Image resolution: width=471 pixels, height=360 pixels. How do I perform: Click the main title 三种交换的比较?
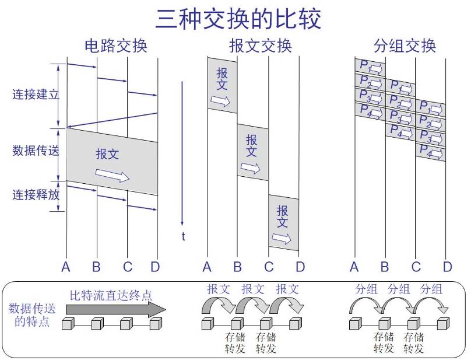(x=238, y=18)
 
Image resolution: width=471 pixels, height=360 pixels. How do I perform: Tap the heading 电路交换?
(x=116, y=46)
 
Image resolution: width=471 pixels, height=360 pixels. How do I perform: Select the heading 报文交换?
(x=260, y=46)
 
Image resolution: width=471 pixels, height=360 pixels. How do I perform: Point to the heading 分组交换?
(x=405, y=46)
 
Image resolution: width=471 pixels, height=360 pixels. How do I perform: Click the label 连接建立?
(x=35, y=94)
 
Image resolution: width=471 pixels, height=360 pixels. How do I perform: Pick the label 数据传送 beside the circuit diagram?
(x=35, y=151)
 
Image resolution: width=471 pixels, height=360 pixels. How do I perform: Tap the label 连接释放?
(x=35, y=194)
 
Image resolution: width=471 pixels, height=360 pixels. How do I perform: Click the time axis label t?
(x=183, y=236)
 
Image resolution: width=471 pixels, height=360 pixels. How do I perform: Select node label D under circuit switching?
(x=154, y=267)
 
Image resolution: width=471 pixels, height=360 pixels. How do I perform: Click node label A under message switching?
(x=207, y=267)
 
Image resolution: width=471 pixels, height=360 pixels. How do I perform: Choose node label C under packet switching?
(x=416, y=267)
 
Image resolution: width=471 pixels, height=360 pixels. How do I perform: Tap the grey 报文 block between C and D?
(x=283, y=223)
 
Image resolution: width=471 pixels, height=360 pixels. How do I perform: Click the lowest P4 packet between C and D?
(x=430, y=153)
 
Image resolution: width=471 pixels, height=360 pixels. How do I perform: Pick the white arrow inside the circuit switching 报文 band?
(x=113, y=175)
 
